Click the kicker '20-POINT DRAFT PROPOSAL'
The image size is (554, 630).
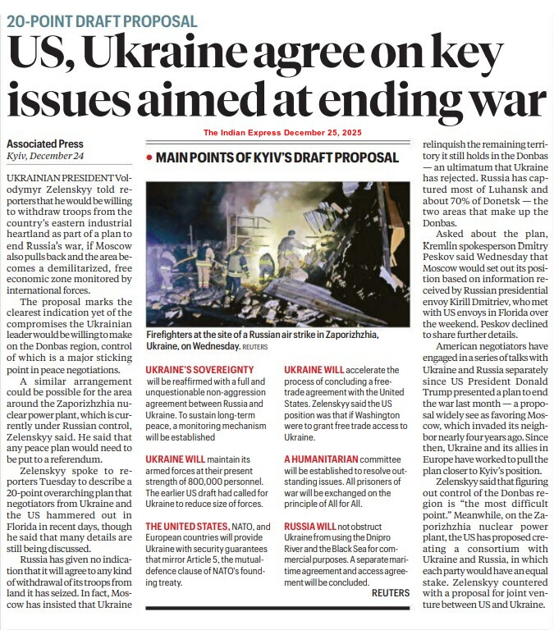[102, 21]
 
